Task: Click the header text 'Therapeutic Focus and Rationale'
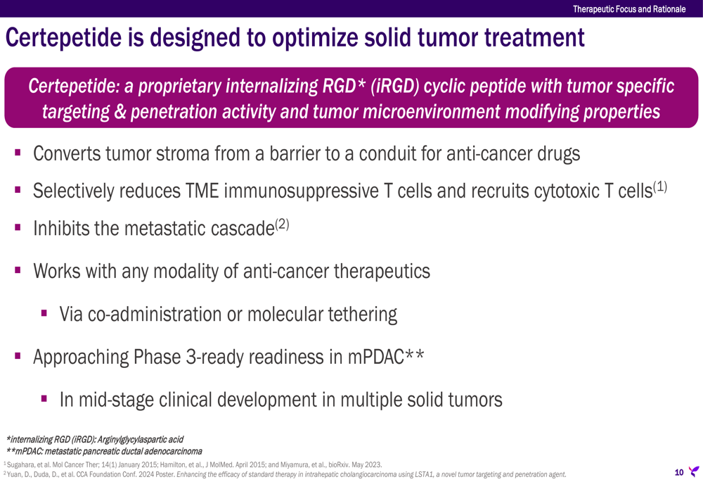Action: click(629, 9)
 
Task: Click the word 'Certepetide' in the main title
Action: click(63, 37)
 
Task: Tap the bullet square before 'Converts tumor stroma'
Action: click(18, 153)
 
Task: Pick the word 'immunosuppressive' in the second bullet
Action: click(302, 191)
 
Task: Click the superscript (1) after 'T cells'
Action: click(660, 186)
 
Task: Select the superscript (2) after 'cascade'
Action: click(282, 224)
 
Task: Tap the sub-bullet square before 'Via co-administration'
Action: click(44, 313)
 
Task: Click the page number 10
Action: click(679, 472)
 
